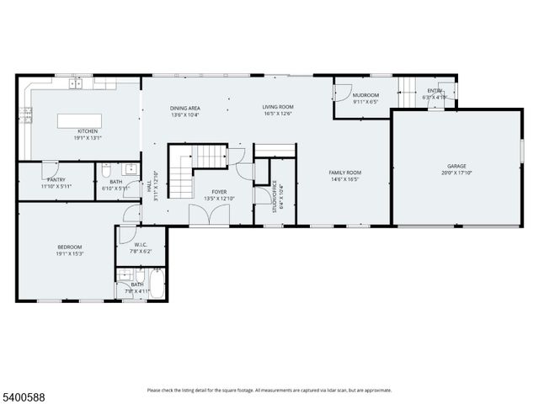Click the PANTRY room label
pyautogui.click(x=56, y=179)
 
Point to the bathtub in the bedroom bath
pyautogui.click(x=157, y=285)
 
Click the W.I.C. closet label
pyautogui.click(x=141, y=245)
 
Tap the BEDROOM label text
pyautogui.click(x=69, y=247)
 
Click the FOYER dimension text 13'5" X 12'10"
pyautogui.click(x=219, y=198)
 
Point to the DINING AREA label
pyautogui.click(x=185, y=108)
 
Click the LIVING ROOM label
pyautogui.click(x=277, y=107)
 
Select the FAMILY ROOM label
pyautogui.click(x=344, y=173)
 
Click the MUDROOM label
pyautogui.click(x=366, y=95)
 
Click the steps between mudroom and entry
pyautogui.click(x=407, y=87)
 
